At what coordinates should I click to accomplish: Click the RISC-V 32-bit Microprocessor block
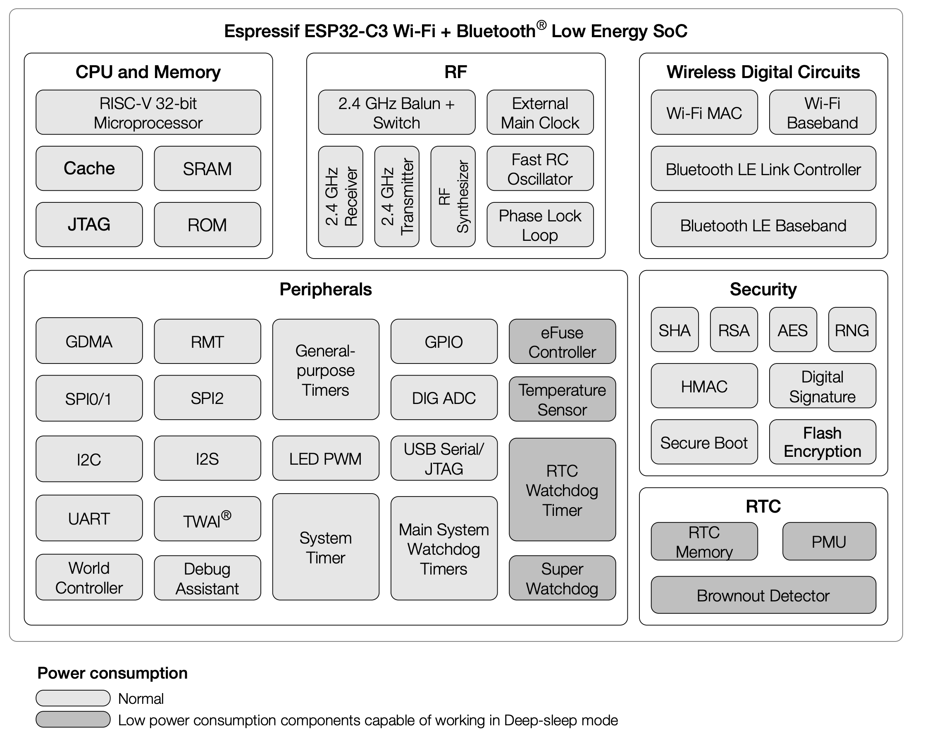[x=148, y=112]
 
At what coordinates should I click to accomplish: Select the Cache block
[x=89, y=169]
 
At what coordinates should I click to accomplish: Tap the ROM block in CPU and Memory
[x=207, y=225]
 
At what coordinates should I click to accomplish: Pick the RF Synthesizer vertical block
[x=453, y=196]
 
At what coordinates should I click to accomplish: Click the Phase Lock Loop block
[x=540, y=225]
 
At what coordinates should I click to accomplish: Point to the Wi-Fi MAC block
[x=704, y=112]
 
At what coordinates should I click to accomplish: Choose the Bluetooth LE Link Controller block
[x=764, y=169]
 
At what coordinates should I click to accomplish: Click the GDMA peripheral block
[x=89, y=341]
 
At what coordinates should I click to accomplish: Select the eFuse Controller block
[x=563, y=342]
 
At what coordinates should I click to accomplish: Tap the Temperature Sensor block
[x=563, y=399]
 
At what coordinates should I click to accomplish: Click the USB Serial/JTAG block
[x=444, y=458]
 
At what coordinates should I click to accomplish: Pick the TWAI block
[x=207, y=519]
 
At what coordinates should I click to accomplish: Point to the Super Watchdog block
[x=563, y=578]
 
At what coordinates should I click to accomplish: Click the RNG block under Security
[x=852, y=330]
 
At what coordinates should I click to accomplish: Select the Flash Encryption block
[x=823, y=442]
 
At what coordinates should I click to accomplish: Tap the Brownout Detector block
[x=764, y=595]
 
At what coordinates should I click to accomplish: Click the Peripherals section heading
[x=326, y=290]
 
